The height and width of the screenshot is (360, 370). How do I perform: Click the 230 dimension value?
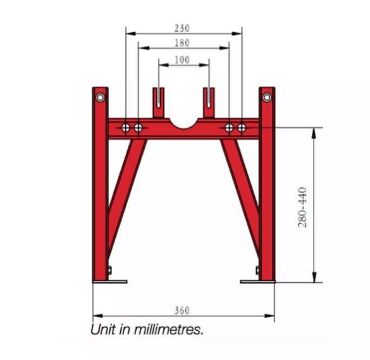click(182, 28)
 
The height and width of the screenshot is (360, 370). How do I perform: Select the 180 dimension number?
click(182, 43)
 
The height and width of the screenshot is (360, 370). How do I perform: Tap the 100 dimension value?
click(182, 59)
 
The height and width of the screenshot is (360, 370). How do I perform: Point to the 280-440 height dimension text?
click(303, 207)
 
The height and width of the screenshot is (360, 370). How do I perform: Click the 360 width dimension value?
click(182, 310)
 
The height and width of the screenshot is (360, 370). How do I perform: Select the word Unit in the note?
click(102, 330)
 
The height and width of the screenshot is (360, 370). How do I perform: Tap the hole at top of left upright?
click(100, 97)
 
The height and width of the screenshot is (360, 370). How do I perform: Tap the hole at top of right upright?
click(267, 97)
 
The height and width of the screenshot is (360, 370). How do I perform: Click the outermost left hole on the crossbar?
click(126, 128)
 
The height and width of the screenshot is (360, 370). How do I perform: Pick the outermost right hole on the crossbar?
click(242, 128)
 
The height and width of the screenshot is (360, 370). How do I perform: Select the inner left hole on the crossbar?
click(138, 128)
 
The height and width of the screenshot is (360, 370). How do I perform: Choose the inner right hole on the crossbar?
click(229, 128)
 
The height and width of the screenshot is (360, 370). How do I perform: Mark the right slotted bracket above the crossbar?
click(209, 103)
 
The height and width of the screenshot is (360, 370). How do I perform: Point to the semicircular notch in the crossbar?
click(183, 122)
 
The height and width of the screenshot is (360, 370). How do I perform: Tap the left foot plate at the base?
click(110, 282)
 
